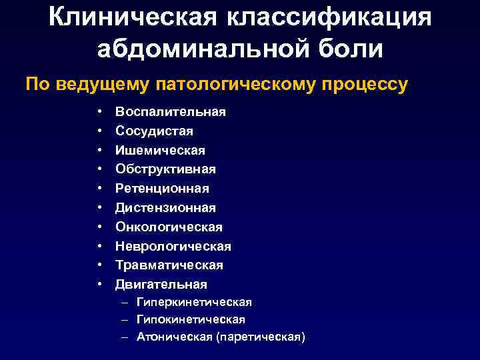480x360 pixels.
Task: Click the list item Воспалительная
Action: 171,112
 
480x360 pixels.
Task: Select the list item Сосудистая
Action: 154,131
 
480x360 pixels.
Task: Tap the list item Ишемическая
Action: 160,150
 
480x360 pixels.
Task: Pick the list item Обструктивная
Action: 165,169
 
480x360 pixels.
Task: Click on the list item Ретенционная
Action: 162,189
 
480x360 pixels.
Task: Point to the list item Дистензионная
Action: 165,208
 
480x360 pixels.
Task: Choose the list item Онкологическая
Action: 169,227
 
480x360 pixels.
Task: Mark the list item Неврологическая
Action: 173,247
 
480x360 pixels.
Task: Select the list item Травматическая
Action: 169,265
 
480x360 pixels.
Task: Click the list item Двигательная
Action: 161,285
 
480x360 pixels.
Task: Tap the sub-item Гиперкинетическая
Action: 194,303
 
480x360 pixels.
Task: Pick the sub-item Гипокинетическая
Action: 191,320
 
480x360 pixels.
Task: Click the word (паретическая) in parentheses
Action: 261,337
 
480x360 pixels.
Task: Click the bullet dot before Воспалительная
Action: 99,112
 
